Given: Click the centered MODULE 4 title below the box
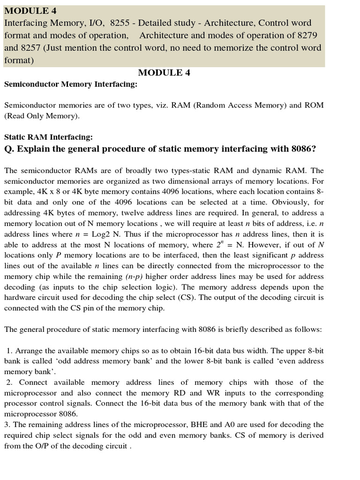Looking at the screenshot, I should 164,72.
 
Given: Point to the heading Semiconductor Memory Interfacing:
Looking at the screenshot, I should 71,84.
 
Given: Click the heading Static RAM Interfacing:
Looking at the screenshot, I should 48,137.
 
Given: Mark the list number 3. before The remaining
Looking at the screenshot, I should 7,425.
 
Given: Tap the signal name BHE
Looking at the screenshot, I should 200,425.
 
